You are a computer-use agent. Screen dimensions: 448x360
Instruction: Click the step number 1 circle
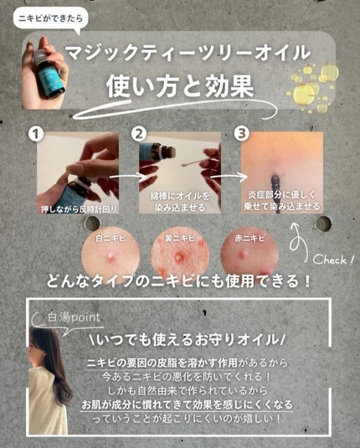34,134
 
